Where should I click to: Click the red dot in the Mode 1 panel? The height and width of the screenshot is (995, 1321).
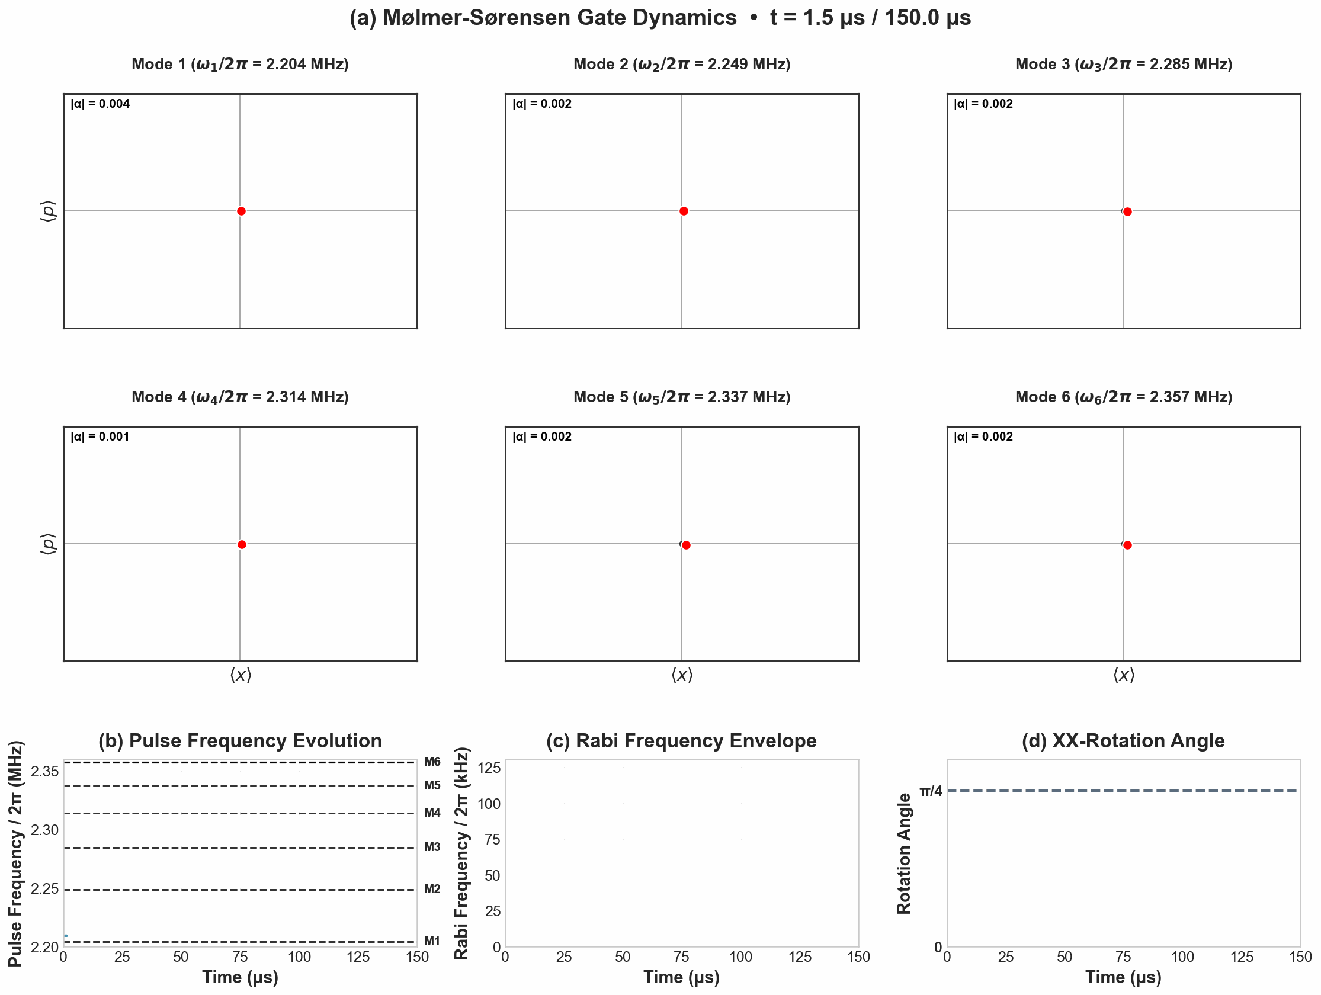pyautogui.click(x=241, y=211)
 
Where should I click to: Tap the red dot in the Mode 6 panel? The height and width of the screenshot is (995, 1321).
pyautogui.click(x=1127, y=545)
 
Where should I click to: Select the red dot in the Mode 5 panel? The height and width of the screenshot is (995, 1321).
pyautogui.click(x=686, y=545)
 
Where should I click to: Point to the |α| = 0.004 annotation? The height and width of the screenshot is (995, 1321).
pyautogui.click(x=100, y=104)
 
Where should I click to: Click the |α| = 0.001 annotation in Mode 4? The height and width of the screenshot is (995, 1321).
pyautogui.click(x=100, y=436)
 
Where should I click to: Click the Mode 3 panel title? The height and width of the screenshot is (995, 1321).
pyautogui.click(x=1123, y=64)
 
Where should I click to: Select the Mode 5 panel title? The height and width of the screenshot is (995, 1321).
pyautogui.click(x=681, y=397)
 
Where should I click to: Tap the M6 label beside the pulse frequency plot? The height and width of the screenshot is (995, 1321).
pyautogui.click(x=432, y=762)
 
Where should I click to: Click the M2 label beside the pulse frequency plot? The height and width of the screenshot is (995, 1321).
pyautogui.click(x=432, y=889)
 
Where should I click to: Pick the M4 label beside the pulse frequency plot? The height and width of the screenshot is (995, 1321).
pyautogui.click(x=432, y=812)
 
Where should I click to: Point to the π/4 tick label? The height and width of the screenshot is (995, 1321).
pyautogui.click(x=931, y=791)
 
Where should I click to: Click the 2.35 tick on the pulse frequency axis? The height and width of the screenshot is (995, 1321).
pyautogui.click(x=45, y=772)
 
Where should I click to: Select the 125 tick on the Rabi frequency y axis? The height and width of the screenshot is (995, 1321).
pyautogui.click(x=489, y=768)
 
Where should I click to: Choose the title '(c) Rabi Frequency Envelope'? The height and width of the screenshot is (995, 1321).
pyautogui.click(x=681, y=740)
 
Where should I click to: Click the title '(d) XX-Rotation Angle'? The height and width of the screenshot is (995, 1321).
pyautogui.click(x=1123, y=740)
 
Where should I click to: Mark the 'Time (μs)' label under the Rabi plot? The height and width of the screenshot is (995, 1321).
pyautogui.click(x=681, y=977)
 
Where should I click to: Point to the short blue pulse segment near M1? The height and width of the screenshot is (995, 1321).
pyautogui.click(x=66, y=936)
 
